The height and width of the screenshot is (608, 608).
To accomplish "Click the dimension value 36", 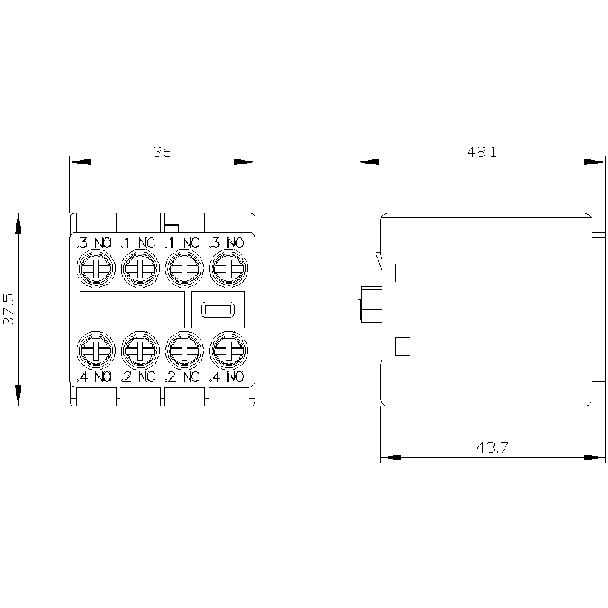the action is point(162,151).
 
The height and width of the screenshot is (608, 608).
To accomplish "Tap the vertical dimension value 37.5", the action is point(9,309).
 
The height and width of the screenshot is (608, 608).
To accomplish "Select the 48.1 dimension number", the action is point(481,151).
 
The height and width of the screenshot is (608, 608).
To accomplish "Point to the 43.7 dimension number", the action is point(492,447).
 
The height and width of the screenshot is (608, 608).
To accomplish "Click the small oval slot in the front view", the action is point(218,310).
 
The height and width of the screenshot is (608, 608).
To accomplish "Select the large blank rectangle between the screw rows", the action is point(132,310).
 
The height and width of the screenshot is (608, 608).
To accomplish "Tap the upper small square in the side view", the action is point(402,272).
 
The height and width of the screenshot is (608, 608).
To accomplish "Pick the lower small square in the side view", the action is point(402,347).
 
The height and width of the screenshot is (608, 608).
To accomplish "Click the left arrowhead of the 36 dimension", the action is point(80,162).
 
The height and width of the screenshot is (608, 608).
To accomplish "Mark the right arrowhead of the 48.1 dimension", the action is point(595,162).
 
